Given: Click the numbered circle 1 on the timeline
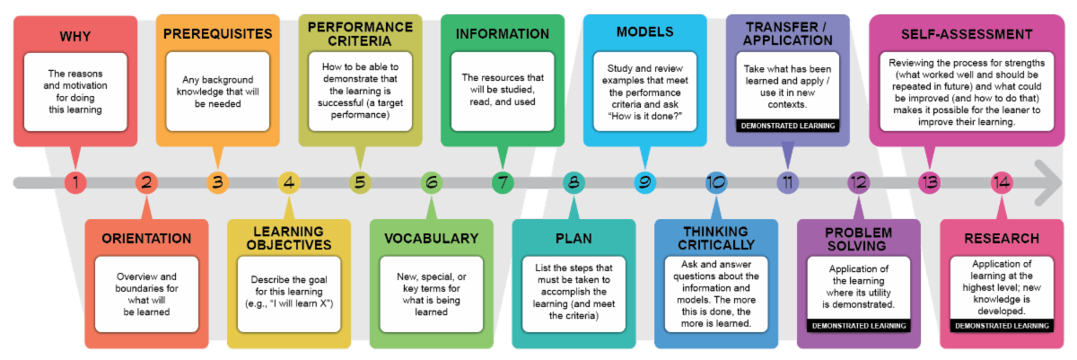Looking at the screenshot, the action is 75,182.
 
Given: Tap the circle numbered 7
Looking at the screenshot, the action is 503,182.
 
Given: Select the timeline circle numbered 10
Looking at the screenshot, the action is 716,182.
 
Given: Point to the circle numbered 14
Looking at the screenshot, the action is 1002,182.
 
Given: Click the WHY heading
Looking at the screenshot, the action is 75,37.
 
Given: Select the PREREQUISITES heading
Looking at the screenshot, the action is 218,34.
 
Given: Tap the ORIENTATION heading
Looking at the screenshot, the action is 146,239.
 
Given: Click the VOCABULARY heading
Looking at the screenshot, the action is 432,239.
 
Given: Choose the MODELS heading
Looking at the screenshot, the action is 644,32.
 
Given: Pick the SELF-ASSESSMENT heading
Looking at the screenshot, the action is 967,35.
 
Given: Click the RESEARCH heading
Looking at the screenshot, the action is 1002,239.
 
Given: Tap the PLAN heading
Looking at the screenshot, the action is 574,239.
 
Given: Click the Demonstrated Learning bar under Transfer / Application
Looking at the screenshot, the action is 788,126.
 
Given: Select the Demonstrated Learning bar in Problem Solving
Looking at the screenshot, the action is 859,326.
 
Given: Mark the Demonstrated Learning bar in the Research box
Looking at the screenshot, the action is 1002,326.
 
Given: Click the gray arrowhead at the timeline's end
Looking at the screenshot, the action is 1048,182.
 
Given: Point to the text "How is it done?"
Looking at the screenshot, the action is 644,117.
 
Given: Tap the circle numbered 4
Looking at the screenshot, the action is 289,182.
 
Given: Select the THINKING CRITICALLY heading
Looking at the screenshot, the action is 716,239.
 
